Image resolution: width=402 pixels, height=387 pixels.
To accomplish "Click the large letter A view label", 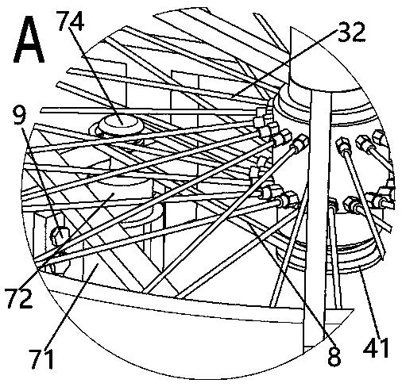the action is (29, 40).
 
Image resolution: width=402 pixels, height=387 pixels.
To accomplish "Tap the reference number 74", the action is (71, 21).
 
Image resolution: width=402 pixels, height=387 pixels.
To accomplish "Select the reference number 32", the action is (352, 33).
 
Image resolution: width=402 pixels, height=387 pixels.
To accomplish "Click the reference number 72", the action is (20, 299).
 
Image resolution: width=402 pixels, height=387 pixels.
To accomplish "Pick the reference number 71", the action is (42, 358).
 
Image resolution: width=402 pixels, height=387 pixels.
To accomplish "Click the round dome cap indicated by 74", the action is (120, 125).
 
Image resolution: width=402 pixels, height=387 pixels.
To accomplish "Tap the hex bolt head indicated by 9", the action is (60, 235).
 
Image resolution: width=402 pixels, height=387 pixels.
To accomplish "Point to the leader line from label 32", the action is (285, 63).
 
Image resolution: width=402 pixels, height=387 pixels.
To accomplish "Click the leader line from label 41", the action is (369, 302).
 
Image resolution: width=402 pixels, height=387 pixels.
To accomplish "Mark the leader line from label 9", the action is (43, 182).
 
